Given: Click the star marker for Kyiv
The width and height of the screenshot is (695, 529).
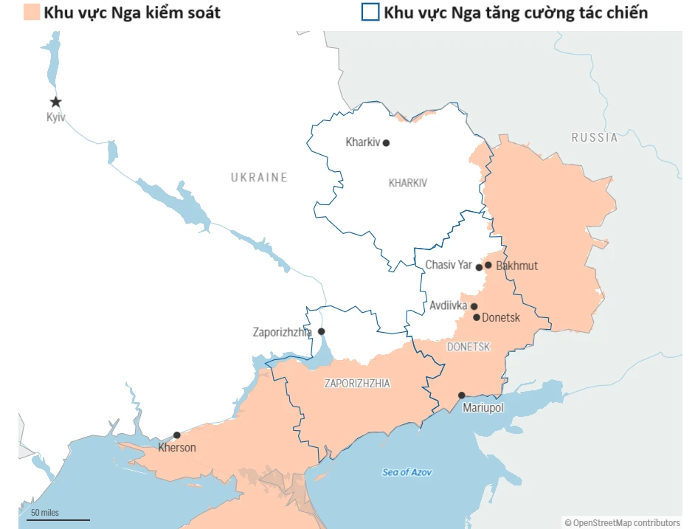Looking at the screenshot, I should pos(55,102).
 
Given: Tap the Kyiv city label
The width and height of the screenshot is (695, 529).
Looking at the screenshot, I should pos(55,117).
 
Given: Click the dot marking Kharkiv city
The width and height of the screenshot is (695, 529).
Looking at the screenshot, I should pos(386,143).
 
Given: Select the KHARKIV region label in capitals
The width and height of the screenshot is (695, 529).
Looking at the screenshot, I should pos(408,183).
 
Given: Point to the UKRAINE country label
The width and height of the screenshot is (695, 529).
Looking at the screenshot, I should pos(259,177).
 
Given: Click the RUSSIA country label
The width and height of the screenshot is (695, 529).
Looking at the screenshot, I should pos(595,137).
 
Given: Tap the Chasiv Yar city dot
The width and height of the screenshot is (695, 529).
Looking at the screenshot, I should pos(479,267).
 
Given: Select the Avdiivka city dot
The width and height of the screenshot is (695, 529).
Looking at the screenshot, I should pos(474,306).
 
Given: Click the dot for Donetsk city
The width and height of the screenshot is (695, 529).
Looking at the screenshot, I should pos(477,318).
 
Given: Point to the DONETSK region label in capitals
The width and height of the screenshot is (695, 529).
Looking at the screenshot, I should pos(468,347).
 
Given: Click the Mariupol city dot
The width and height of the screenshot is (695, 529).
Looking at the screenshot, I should pos(462,395).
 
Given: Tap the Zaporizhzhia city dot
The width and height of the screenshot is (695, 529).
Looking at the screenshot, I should pos(321,332).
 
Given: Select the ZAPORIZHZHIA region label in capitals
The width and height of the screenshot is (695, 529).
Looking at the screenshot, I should pos(357,384).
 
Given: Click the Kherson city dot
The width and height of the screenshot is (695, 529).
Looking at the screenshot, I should pos(177,435).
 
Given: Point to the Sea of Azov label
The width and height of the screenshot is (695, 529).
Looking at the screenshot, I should pos(407,472).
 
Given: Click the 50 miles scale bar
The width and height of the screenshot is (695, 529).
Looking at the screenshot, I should pos(60,519).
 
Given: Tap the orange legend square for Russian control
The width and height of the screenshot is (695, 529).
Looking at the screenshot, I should pos(30,13).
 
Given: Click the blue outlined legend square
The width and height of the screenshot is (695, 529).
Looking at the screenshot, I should pos(370,13).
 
